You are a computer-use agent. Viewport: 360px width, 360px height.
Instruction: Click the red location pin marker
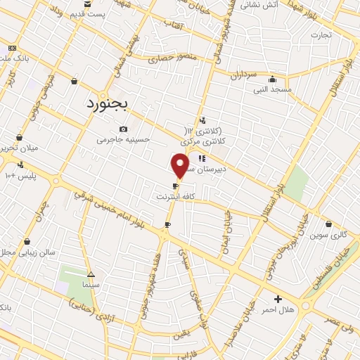(180, 166)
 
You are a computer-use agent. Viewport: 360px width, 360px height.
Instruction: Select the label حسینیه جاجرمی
(124, 139)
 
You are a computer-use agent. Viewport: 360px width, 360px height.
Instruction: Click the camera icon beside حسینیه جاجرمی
(124, 129)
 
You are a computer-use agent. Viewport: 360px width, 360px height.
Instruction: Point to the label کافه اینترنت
(174, 198)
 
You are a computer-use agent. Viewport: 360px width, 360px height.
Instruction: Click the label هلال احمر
(278, 309)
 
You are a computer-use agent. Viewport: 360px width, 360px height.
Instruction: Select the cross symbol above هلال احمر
(278, 299)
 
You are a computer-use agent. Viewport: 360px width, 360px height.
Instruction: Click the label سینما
(91, 286)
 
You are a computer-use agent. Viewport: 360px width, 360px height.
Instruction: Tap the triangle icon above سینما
(91, 275)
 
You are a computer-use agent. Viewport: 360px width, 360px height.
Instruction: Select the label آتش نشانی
(269, 4)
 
